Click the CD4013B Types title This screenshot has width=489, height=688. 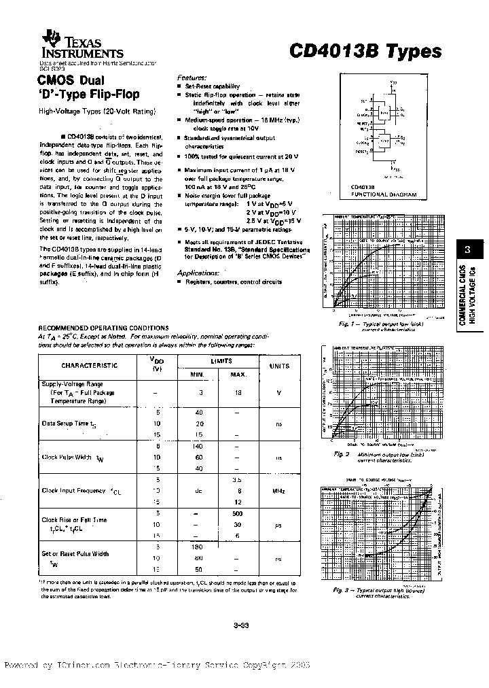coord(365,51)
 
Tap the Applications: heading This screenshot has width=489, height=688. coord(198,272)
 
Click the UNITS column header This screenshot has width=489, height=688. coord(278,366)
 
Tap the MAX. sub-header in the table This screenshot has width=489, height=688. coord(238,375)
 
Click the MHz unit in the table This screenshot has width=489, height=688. coord(278,490)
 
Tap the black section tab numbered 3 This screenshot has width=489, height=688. coord(467,248)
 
